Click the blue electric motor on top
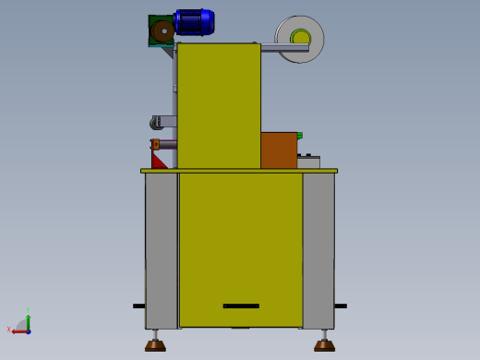(x=195, y=22)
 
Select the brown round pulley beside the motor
(x=162, y=31)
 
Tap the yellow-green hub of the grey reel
(x=301, y=38)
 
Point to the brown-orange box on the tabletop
(x=279, y=150)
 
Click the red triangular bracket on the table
(x=158, y=162)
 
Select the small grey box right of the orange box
(x=308, y=162)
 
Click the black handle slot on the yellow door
(x=241, y=306)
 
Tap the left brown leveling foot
(x=155, y=346)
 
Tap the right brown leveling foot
(x=324, y=346)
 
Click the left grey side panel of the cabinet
(x=161, y=249)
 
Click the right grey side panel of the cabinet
(x=318, y=249)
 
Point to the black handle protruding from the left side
(x=138, y=306)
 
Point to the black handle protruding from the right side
(x=341, y=306)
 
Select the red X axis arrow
(x=18, y=330)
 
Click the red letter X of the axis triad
(x=9, y=330)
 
